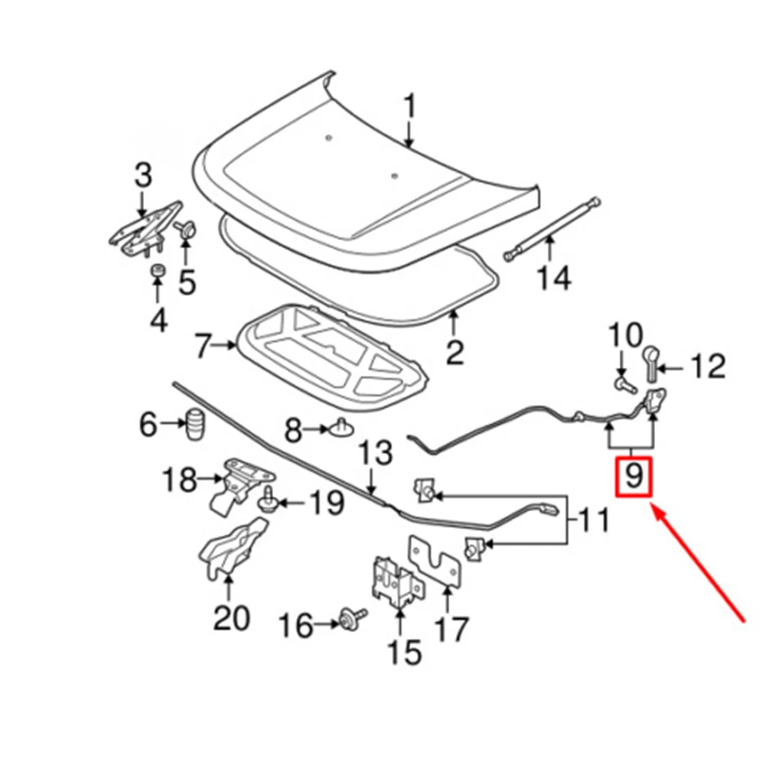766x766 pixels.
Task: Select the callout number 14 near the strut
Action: coord(552,278)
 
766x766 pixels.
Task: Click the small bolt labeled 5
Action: coord(185,229)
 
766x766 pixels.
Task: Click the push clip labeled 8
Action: coord(343,429)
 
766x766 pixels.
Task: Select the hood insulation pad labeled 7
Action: coord(329,349)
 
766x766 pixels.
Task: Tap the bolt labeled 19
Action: coord(269,500)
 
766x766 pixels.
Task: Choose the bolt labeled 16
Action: coord(353,617)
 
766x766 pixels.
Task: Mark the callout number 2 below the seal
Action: coord(455,353)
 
